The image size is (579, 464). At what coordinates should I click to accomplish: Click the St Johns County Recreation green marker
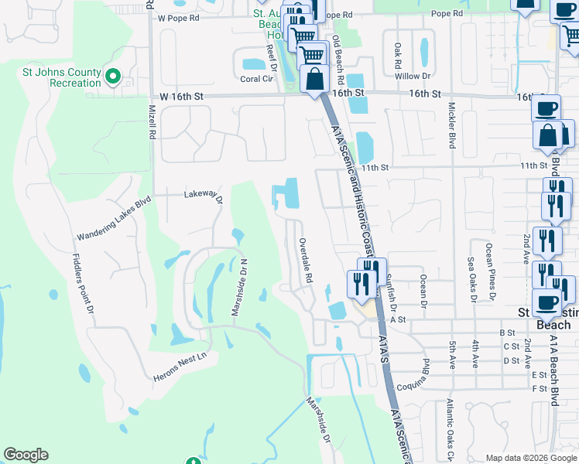[x=112, y=76]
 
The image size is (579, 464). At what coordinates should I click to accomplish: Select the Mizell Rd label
[x=152, y=123]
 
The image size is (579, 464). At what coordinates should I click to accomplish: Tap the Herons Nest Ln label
[x=182, y=357]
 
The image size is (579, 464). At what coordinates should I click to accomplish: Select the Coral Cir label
[x=257, y=79]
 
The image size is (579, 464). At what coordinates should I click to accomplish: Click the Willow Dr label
[x=413, y=76]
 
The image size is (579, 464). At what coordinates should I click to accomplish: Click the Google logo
[x=26, y=455]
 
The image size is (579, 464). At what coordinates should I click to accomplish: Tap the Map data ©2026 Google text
[x=530, y=458]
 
